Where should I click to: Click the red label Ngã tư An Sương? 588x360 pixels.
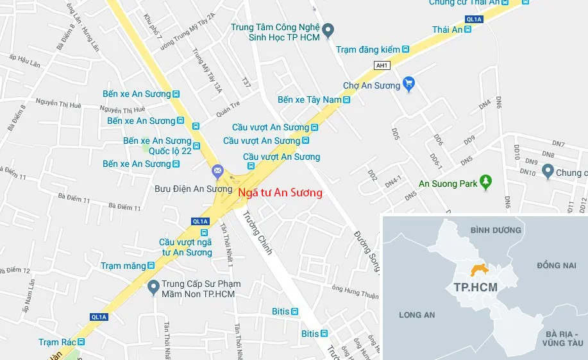tap(280, 192)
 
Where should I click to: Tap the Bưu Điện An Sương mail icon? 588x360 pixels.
tap(217, 171)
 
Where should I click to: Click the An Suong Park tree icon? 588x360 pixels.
tap(486, 184)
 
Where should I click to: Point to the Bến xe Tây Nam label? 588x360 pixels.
tap(308, 100)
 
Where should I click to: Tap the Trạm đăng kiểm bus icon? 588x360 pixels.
tap(405, 49)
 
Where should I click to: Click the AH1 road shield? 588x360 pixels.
tap(382, 65)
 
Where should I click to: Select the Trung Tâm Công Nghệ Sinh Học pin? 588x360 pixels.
tap(328, 30)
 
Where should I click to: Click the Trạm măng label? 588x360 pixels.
tap(122, 266)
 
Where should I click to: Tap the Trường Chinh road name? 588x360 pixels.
tap(257, 233)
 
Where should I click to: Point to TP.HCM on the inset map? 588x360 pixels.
tap(475, 287)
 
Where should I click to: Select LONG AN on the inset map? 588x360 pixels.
tap(417, 314)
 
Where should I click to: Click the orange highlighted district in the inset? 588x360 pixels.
tap(478, 271)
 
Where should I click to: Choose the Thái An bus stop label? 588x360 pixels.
tap(447, 30)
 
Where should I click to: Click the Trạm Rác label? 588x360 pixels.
tap(57, 342)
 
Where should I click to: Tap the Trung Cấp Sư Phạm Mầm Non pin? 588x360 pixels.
tap(153, 287)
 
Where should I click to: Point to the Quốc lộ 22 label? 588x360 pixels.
tap(170, 151)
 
